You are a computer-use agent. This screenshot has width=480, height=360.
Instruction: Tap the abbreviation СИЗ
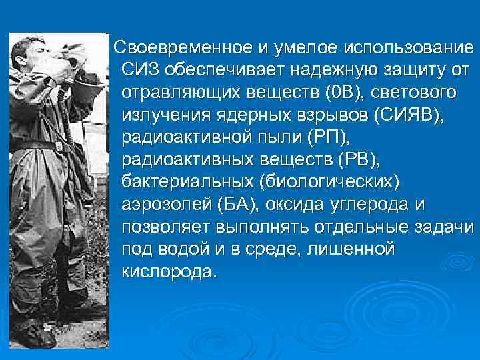click(x=141, y=71)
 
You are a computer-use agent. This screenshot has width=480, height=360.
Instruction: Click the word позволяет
click(x=166, y=228)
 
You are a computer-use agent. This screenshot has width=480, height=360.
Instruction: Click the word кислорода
click(x=169, y=273)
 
